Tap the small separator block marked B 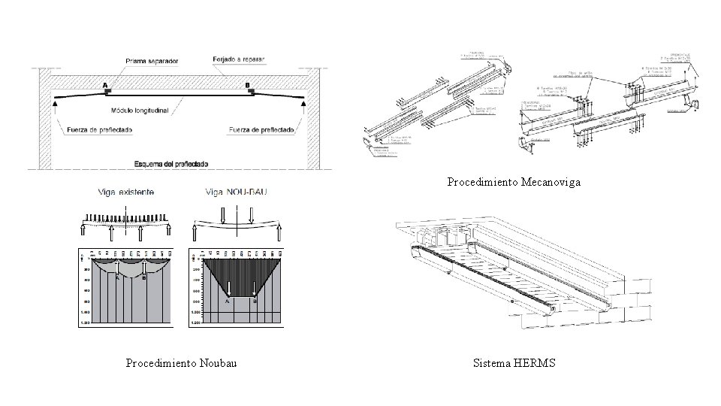[x=252, y=92]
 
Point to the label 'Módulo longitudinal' [x=140, y=110]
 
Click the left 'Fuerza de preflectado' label [x=100, y=129]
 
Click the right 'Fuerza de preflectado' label [x=261, y=129]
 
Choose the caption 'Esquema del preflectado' [x=171, y=163]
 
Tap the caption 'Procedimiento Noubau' [x=182, y=364]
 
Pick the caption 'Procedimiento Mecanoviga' [x=514, y=182]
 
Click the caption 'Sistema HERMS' [x=514, y=364]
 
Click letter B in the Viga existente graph [x=143, y=277]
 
